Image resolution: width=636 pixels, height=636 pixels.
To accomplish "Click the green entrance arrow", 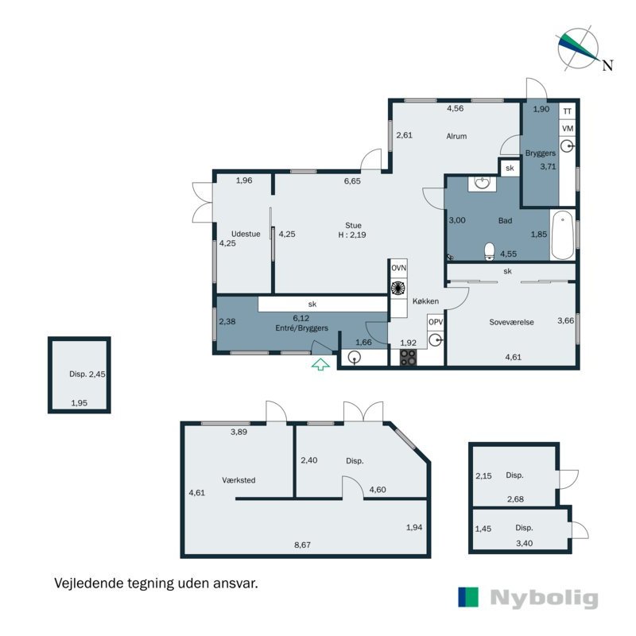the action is coord(320,364).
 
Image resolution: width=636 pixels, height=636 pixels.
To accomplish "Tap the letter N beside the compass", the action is coord(607,65).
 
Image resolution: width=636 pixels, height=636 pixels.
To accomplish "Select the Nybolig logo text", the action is coord(544,599).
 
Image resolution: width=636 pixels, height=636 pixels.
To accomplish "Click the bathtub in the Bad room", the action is coord(563,235).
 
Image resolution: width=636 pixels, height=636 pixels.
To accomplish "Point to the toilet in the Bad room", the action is coord(490,251).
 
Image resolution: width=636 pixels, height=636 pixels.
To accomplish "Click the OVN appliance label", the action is coord(399,268).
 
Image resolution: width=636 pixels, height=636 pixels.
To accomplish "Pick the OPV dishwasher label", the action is coord(436,322).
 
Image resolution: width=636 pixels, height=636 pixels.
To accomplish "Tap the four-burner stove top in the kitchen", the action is coord(408,357).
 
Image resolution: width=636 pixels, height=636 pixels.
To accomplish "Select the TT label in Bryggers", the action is coord(567,111).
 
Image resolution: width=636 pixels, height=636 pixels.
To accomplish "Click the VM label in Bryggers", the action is coord(568,129).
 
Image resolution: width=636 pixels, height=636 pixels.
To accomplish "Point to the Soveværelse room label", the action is coord(511,323).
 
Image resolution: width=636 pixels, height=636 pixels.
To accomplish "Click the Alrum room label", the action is coord(456,136).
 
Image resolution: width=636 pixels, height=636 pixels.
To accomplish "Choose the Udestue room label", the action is coord(246,234).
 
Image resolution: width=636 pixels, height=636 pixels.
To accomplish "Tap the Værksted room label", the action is coord(238,480).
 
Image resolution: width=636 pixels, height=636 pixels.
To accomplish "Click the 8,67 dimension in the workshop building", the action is coord(302,545).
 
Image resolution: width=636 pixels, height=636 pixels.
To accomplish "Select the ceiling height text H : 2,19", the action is coord(352,235).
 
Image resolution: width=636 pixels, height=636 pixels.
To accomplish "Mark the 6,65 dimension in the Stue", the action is coord(352,181).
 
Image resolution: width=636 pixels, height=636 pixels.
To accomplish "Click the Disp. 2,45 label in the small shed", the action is coord(87,374).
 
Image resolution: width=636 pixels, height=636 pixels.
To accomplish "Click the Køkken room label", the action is coord(425,301).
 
